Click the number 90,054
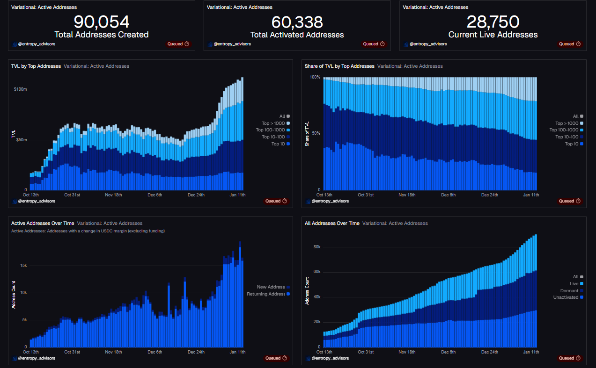click(102, 22)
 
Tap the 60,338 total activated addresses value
click(297, 22)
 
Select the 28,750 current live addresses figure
click(493, 22)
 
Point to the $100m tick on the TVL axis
click(21, 89)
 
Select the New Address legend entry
click(271, 287)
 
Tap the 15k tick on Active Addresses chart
click(22, 266)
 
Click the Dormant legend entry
click(569, 290)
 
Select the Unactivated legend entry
click(566, 297)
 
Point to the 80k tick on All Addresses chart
click(316, 247)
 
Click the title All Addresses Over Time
click(332, 224)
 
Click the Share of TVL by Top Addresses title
click(339, 66)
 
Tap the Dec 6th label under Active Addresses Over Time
click(155, 352)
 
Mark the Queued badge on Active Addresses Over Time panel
click(276, 358)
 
